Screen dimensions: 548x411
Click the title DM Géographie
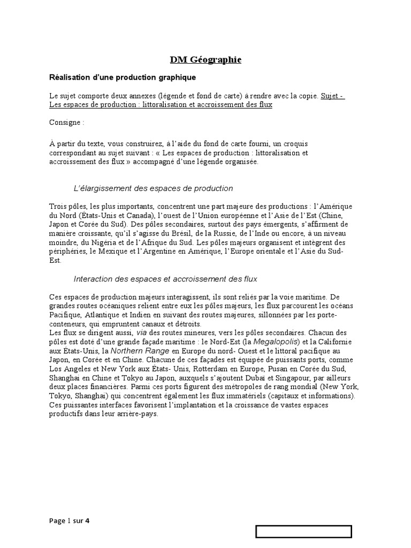click(x=198, y=60)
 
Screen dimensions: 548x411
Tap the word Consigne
click(x=66, y=123)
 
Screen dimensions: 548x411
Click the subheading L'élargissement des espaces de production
click(x=153, y=188)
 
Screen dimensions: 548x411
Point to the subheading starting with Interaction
click(x=165, y=279)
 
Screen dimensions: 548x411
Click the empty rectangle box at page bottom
click(x=303, y=531)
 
